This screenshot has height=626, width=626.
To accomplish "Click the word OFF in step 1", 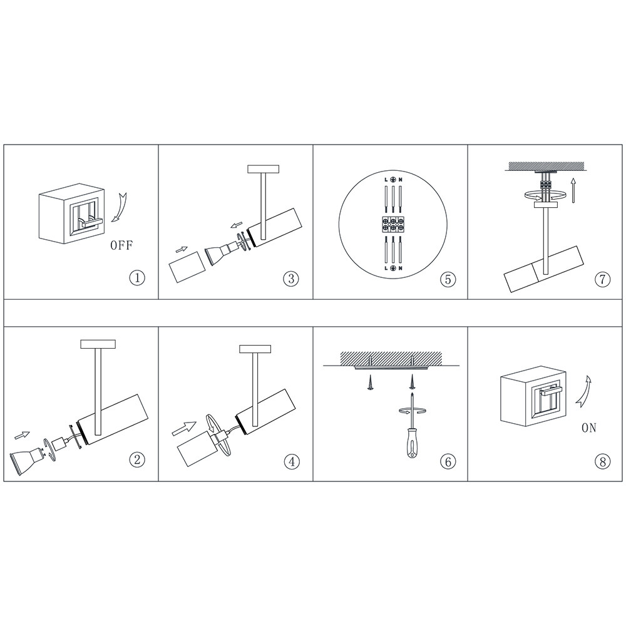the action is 121,245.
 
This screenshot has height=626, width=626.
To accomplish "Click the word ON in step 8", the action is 589,428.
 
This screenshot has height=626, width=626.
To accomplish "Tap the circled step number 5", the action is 448,279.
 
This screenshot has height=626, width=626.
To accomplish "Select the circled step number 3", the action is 291,279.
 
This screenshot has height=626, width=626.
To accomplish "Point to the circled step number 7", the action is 602,279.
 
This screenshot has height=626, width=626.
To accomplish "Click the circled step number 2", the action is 137,459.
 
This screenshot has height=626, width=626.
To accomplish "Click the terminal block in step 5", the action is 393,224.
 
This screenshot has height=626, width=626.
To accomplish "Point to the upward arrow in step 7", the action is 573,190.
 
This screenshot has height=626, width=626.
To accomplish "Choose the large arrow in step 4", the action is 185,429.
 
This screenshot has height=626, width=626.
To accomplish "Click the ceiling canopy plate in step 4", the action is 255,349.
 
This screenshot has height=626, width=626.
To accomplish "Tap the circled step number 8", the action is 602,461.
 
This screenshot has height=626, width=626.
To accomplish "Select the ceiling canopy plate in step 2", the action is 98,343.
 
